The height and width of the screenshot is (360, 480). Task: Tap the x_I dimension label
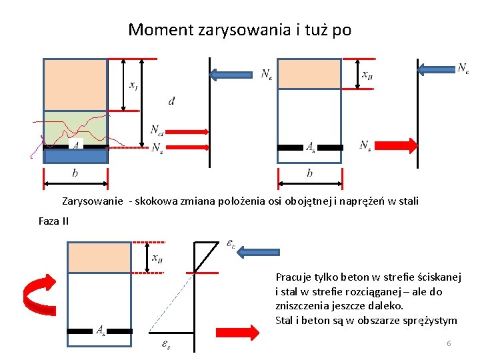click(x=134, y=85)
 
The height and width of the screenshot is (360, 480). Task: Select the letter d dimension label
click(x=172, y=101)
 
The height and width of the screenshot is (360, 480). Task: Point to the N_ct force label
click(x=158, y=130)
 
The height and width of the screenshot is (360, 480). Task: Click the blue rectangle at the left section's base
click(x=75, y=157)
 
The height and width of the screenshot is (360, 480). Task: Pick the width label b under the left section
click(x=75, y=173)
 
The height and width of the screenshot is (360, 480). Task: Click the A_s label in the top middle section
click(x=311, y=147)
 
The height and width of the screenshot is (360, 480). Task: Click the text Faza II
click(x=53, y=221)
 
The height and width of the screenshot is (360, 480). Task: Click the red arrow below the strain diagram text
click(x=237, y=333)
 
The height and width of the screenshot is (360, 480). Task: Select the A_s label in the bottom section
click(x=100, y=330)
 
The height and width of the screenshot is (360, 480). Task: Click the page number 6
click(x=449, y=343)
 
